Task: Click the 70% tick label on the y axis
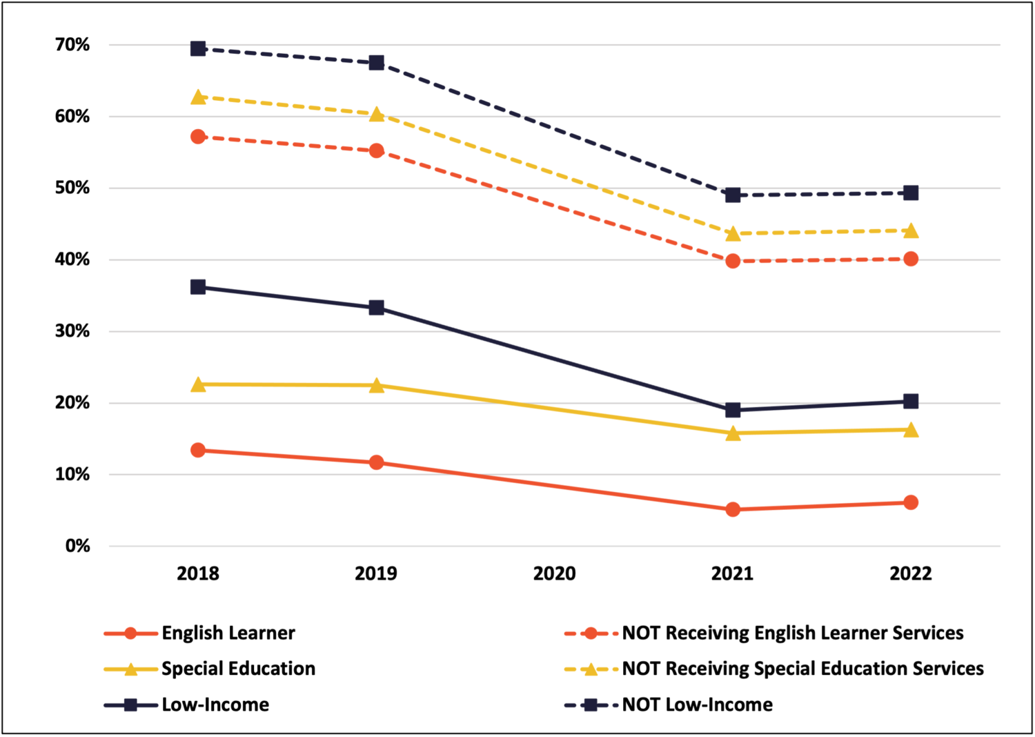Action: coord(72,45)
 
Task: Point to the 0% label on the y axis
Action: coord(77,546)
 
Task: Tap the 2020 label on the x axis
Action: coord(554,573)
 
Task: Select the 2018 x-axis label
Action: coord(198,573)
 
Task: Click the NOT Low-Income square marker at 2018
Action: coord(198,48)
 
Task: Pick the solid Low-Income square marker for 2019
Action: coord(376,308)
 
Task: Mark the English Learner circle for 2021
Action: coord(733,509)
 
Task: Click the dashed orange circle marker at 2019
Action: coord(376,150)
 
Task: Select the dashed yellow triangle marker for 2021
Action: coord(733,234)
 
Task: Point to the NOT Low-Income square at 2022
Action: coord(911,193)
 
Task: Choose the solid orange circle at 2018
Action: coord(198,450)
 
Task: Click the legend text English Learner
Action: coord(228,633)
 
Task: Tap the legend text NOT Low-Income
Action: coord(697,705)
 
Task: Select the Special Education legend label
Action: coord(238,669)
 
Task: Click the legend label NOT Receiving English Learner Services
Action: coord(792,633)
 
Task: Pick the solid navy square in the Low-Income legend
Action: coord(130,705)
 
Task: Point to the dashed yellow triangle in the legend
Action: coord(591,669)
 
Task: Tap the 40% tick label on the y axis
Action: coord(72,259)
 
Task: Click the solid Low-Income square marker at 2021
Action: coord(733,410)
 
